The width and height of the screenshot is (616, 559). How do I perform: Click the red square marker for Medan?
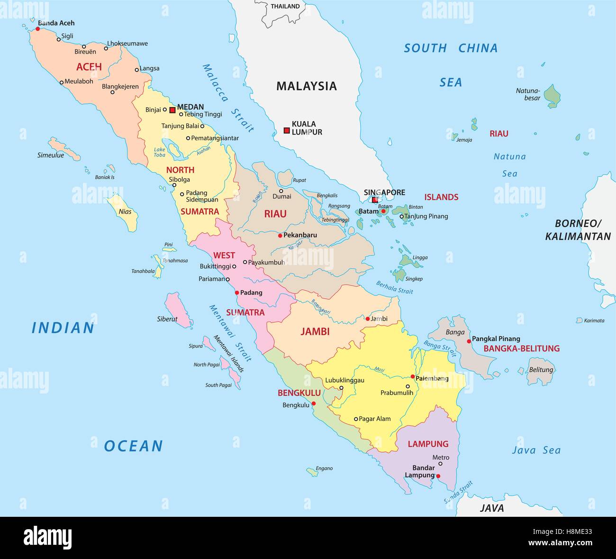(172, 110)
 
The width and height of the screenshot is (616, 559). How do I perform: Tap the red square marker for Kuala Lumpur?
(287, 130)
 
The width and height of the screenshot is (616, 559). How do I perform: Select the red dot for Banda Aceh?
(38, 29)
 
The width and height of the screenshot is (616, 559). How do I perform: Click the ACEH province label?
(89, 67)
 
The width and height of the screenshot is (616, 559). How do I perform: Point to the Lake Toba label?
(160, 152)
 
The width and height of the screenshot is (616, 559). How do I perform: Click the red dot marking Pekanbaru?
(280, 235)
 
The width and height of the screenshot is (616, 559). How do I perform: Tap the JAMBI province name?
(315, 332)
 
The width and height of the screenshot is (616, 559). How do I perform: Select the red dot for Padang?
(237, 293)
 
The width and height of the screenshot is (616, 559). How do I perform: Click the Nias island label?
(125, 211)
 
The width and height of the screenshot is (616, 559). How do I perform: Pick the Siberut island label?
(167, 319)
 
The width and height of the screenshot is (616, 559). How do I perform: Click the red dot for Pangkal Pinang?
(469, 341)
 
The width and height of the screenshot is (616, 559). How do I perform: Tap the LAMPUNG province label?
(428, 444)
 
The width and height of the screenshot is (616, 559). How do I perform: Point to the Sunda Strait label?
(458, 492)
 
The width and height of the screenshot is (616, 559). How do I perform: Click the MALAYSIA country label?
(306, 86)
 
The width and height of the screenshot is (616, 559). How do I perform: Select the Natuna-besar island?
(552, 96)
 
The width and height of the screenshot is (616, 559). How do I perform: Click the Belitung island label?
(541, 370)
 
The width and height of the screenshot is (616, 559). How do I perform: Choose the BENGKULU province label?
(299, 393)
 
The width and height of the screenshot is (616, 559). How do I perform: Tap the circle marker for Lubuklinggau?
(341, 388)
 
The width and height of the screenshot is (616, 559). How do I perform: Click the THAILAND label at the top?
(285, 6)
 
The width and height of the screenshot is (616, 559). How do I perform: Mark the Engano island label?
(324, 468)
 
